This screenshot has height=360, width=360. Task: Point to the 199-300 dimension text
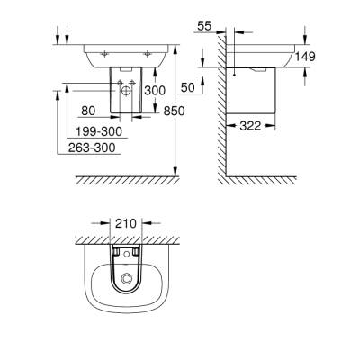(x=100, y=130)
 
